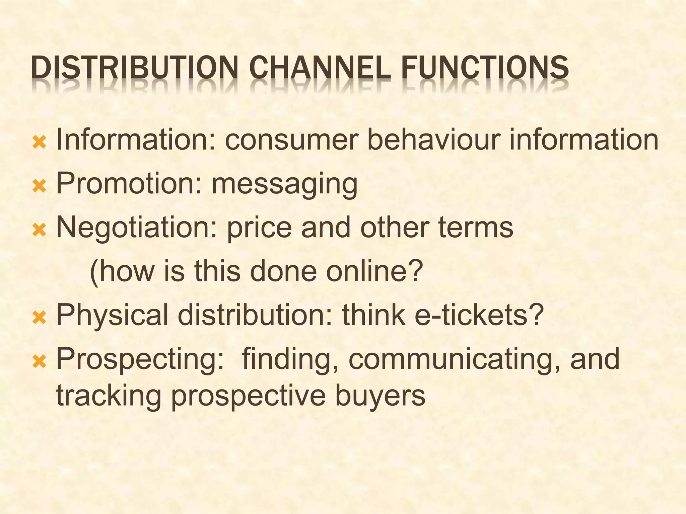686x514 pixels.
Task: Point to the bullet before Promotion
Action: coord(39,186)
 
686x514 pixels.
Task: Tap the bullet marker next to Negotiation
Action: coord(39,230)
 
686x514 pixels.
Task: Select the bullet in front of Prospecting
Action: coord(39,361)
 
